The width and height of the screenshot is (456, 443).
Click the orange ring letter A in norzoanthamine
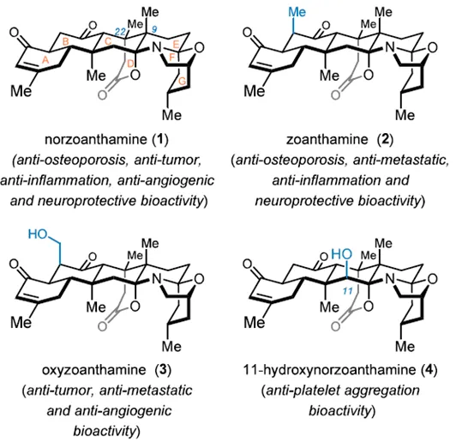45,60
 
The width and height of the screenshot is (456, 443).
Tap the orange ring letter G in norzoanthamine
182,82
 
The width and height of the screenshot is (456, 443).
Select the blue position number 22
120,32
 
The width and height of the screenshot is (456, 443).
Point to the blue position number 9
154,29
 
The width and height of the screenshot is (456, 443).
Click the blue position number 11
347,291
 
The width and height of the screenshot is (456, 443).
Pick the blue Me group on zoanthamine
297,12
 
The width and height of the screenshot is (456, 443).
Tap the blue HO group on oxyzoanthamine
38,234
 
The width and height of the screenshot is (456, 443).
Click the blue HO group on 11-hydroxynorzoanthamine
342,254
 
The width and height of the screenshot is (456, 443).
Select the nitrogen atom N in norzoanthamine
157,48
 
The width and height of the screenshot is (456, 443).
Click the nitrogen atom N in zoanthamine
390,48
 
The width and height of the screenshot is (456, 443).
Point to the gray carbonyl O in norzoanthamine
102,95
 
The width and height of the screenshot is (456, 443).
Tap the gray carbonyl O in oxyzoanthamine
102,326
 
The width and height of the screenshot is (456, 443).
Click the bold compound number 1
160,140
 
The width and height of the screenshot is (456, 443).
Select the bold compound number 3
163,370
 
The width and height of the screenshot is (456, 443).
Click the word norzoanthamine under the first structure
96,140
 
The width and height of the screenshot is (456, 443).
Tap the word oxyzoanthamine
94,370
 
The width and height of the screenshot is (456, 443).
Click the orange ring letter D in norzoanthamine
131,64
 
